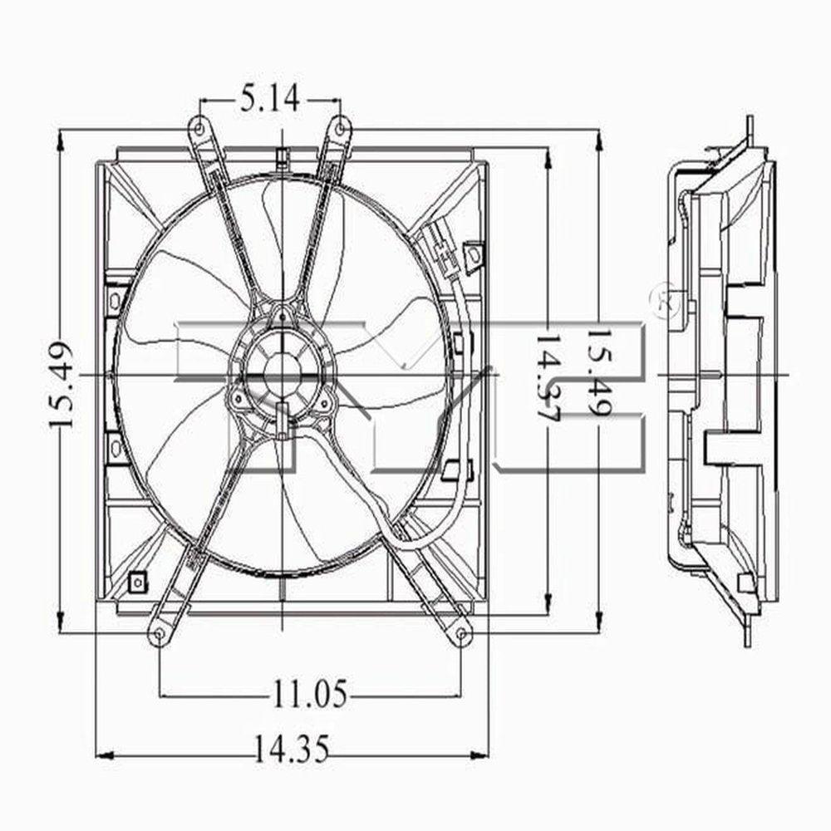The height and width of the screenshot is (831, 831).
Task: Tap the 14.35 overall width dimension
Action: tap(291, 750)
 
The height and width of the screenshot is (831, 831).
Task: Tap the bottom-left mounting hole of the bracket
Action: tap(158, 635)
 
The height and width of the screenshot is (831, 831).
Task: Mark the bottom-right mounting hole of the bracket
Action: tap(462, 635)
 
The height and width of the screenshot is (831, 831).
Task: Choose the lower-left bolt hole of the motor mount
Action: tap(240, 402)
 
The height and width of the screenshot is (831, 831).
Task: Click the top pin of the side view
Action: tap(749, 125)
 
